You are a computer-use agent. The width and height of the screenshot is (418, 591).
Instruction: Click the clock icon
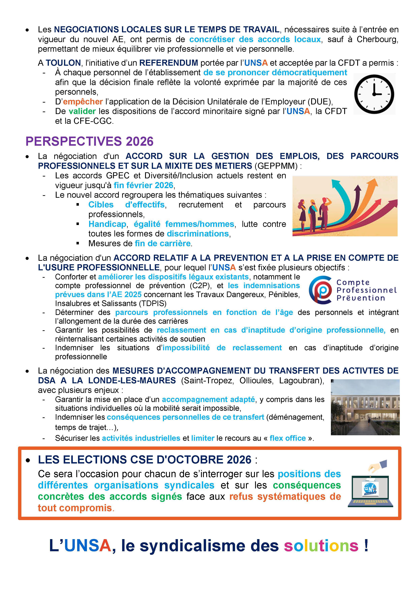click(x=374, y=94)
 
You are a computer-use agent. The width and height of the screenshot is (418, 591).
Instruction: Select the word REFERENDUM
click(x=169, y=63)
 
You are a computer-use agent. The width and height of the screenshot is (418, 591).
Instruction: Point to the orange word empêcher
click(x=83, y=102)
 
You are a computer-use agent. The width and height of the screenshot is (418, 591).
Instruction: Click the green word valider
click(x=82, y=111)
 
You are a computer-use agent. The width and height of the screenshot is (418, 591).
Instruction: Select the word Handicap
click(x=107, y=224)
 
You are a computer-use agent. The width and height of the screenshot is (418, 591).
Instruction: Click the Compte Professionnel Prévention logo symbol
click(x=320, y=290)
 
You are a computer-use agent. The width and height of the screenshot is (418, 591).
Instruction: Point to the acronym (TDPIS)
click(x=152, y=304)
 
